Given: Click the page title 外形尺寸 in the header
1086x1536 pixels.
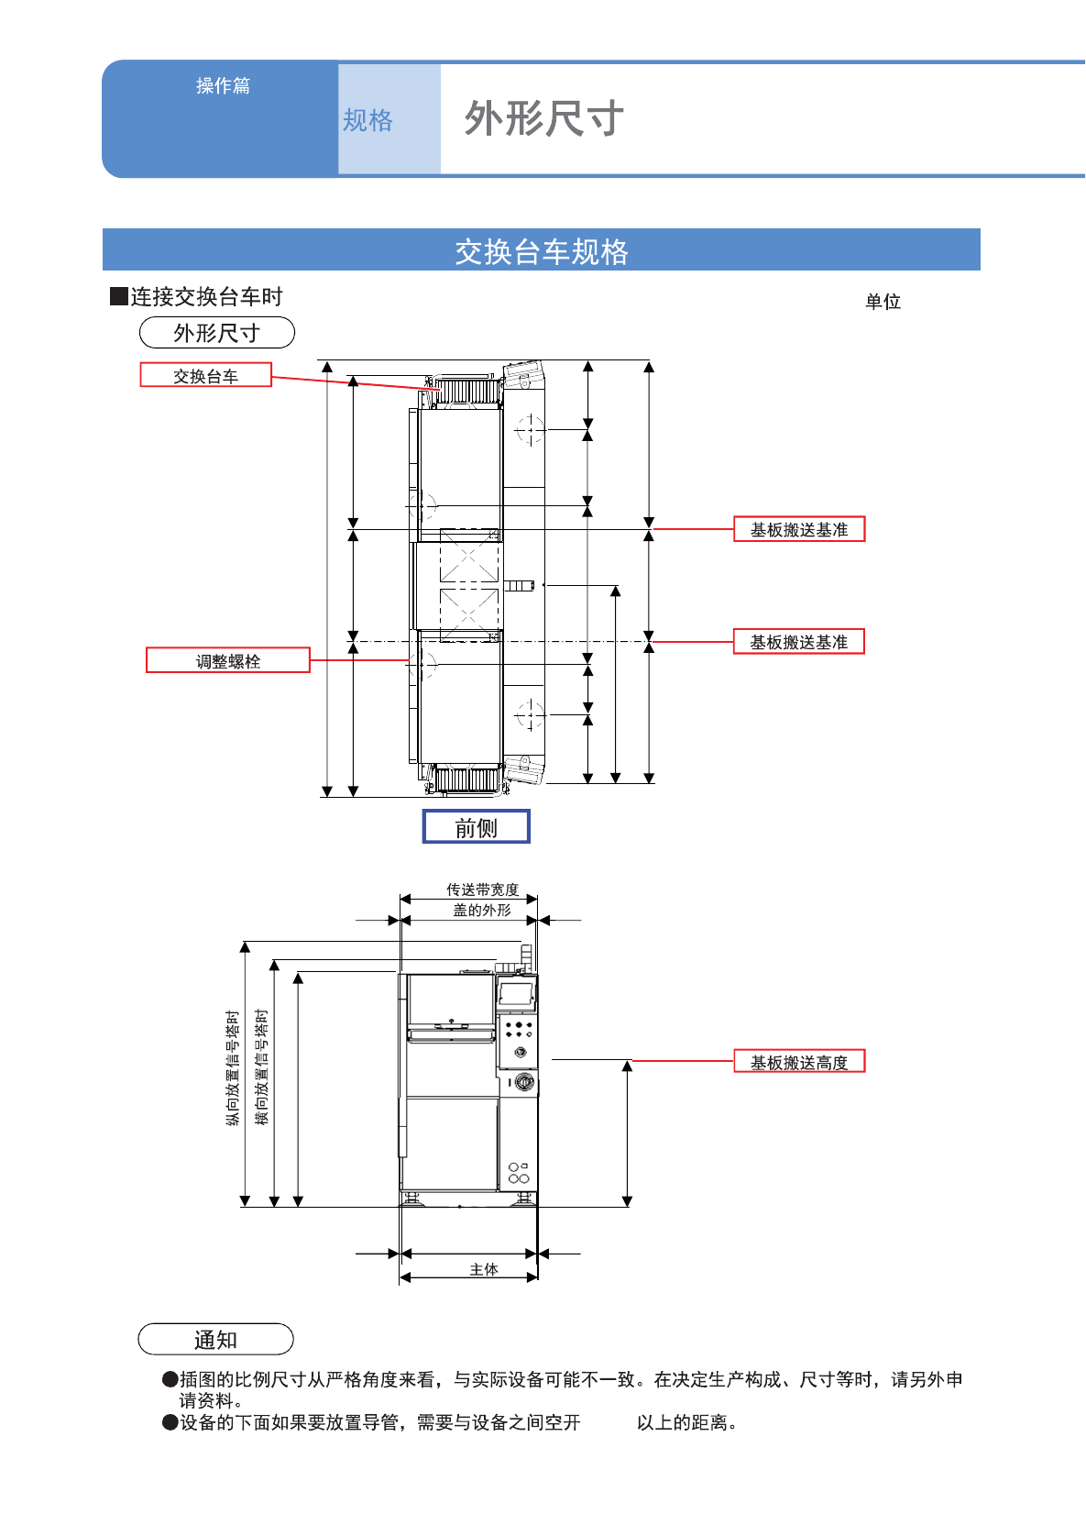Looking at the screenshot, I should [x=543, y=119].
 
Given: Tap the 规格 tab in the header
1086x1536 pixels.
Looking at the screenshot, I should [x=367, y=120].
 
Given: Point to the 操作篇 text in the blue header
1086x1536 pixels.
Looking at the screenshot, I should [x=223, y=85].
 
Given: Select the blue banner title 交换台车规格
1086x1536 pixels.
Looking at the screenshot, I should [x=542, y=251].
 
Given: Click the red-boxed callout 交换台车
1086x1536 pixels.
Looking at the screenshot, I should [x=205, y=376].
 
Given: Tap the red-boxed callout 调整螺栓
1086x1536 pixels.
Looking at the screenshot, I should [x=228, y=661].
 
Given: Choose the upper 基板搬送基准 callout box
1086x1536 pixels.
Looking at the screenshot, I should [x=799, y=530].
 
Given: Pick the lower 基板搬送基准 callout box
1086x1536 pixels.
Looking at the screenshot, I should [x=799, y=642].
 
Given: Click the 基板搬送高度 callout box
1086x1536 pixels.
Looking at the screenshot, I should [x=799, y=1062].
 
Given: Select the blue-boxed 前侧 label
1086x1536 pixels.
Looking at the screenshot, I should [x=477, y=827].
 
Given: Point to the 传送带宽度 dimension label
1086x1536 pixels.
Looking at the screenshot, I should [x=482, y=890].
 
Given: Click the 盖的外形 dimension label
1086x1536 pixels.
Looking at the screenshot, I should [x=482, y=910].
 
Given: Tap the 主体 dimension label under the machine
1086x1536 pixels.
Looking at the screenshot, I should [x=484, y=1269].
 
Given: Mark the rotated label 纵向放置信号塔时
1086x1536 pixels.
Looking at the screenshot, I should [x=233, y=1068].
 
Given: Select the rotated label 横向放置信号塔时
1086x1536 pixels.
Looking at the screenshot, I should [x=262, y=1067].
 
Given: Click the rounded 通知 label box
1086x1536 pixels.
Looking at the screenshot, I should [x=215, y=1340].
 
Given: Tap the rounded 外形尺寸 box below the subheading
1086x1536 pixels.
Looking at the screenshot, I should [x=217, y=333].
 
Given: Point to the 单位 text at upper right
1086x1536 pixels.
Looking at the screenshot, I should [x=883, y=302].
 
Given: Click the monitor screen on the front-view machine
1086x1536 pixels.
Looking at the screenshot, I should [x=516, y=993].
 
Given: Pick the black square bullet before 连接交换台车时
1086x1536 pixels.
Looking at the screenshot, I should [x=118, y=296].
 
